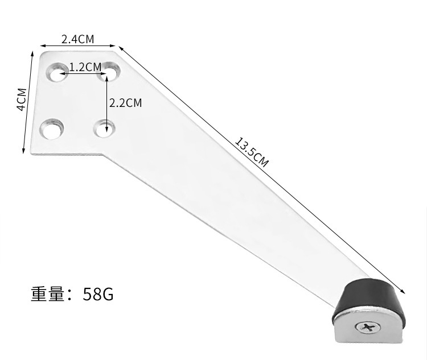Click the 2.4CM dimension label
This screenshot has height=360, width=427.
[77, 39]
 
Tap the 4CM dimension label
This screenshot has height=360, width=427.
[20, 100]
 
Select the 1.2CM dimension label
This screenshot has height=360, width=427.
[85, 67]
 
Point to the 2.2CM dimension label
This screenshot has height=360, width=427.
[125, 102]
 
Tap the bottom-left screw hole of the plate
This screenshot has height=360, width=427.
[53, 129]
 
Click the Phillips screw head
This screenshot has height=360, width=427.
[366, 329]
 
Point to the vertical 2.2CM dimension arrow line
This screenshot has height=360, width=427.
[106, 108]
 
